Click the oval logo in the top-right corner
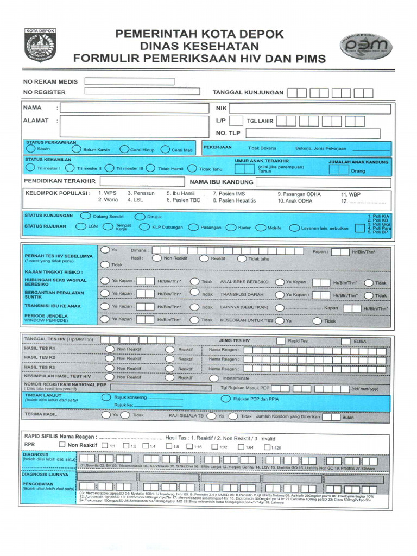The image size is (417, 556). point(364,46)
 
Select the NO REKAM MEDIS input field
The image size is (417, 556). point(129,81)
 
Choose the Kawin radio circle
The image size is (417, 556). point(30,148)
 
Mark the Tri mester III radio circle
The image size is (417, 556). point(110,168)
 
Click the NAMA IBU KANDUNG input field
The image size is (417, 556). point(323,182)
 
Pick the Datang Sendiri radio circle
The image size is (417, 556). point(85,216)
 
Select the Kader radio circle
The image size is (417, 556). point(231,228)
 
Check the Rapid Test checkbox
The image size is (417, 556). point(281,340)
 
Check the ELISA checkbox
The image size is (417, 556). point(346,340)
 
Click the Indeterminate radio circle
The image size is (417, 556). point(214,377)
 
